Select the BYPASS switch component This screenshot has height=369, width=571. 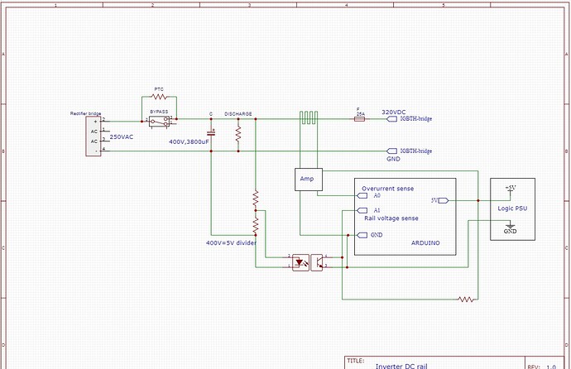point(161,121)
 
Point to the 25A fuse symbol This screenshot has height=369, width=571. point(360,119)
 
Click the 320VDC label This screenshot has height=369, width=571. point(394,111)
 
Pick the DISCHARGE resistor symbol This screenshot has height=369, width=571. point(238,135)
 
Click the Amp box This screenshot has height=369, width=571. point(307,180)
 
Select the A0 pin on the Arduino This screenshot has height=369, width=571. point(366,196)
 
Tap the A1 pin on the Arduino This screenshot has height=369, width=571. point(366,212)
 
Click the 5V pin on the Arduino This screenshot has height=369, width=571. point(439,200)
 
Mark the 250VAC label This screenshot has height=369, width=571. point(122,137)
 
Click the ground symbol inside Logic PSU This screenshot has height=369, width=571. point(510,225)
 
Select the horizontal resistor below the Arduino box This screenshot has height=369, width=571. point(468,299)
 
